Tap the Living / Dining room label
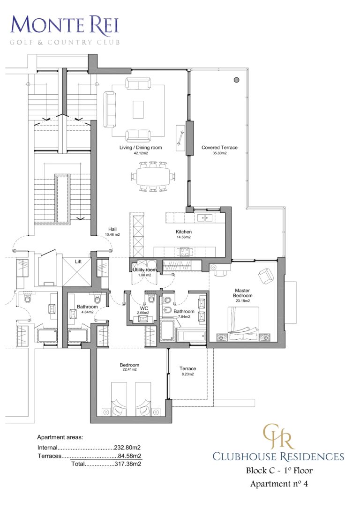(140, 148)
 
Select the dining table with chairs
(151, 177)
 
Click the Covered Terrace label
(219, 148)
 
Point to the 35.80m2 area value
(219, 153)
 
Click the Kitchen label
(184, 232)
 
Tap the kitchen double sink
(205, 217)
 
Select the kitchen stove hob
(183, 252)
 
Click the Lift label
(78, 262)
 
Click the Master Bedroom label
(243, 293)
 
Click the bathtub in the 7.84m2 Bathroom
(191, 336)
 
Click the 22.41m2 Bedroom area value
(129, 370)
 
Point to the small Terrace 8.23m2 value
(187, 374)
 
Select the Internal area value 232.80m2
(127, 448)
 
